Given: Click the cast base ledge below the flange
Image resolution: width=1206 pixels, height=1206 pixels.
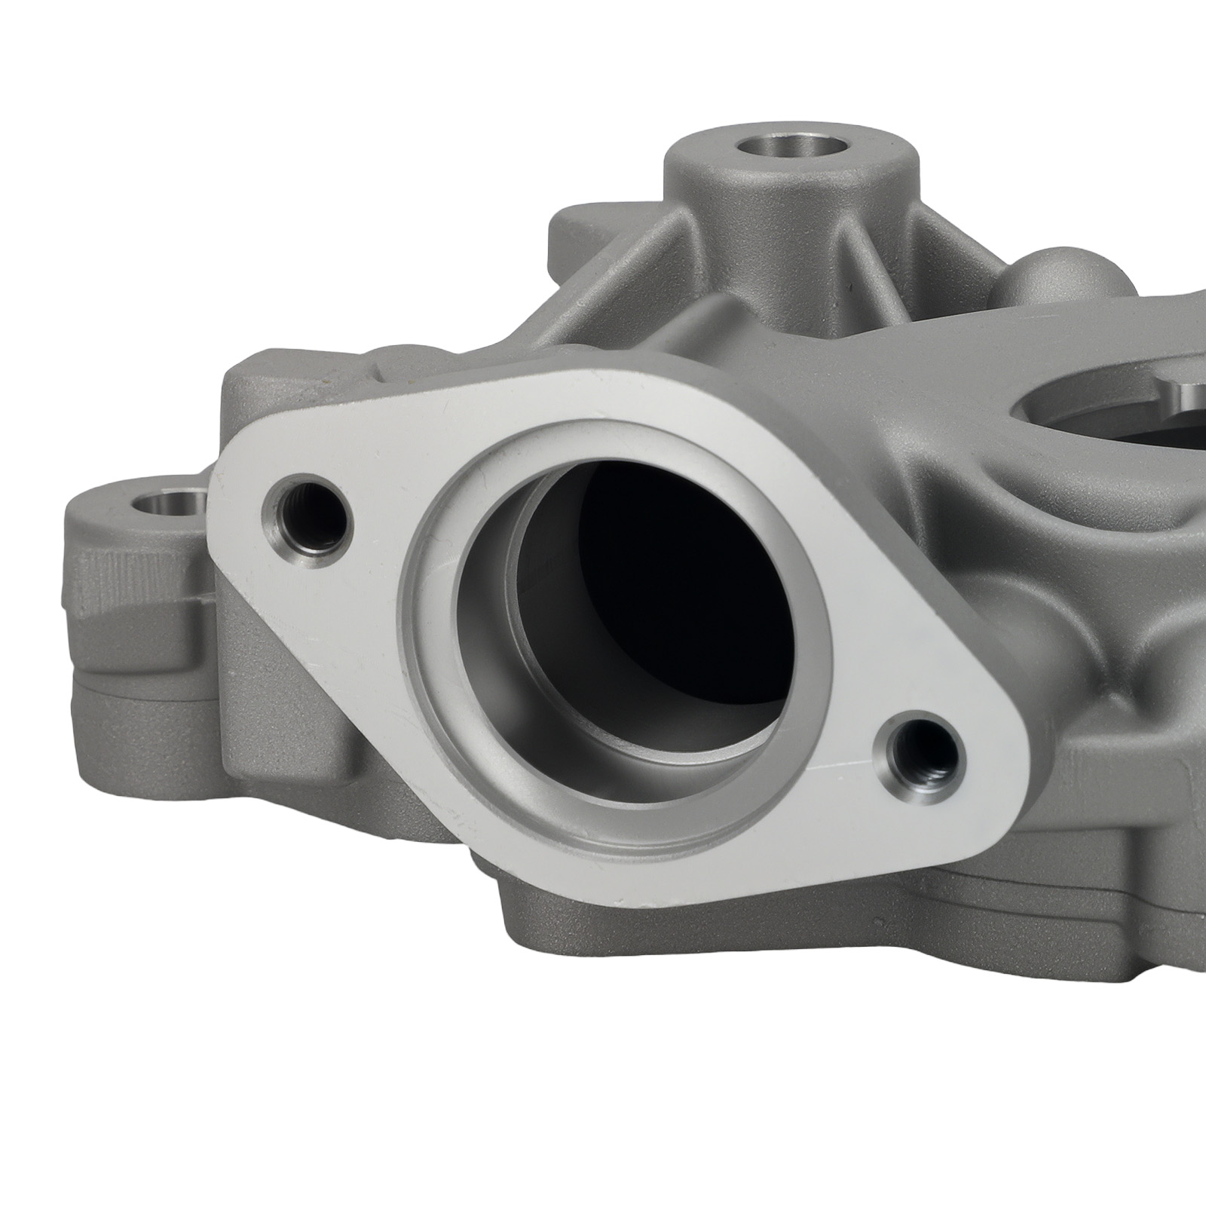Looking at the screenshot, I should [x=678, y=935].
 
